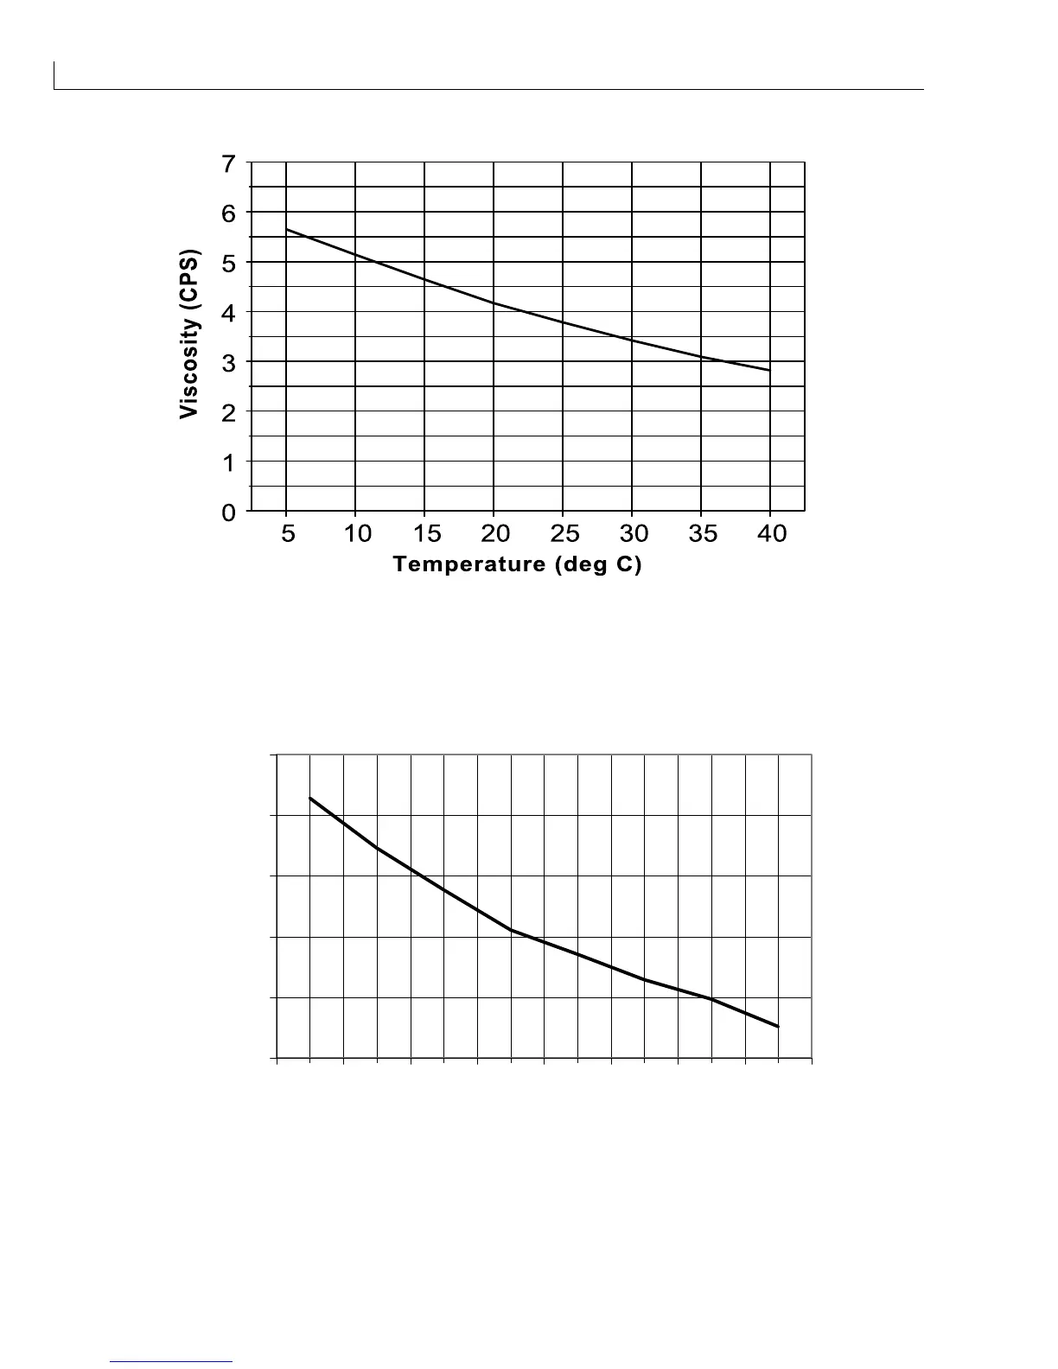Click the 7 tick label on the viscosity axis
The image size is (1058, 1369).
coord(228,163)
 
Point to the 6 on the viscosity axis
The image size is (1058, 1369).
coord(228,213)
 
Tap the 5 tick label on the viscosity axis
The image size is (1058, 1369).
coord(228,264)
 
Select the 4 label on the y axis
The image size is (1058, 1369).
coord(228,313)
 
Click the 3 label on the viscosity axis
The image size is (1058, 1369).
coord(228,363)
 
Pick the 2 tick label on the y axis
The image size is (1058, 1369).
coord(228,413)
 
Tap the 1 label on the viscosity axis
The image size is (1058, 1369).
coord(228,462)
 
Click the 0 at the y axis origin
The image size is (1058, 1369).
coord(228,513)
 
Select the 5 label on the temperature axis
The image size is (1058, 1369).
coord(288,534)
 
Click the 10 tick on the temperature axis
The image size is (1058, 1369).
coord(357,534)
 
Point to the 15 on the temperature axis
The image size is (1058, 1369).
coord(426,534)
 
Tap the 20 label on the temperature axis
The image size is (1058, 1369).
coord(495,534)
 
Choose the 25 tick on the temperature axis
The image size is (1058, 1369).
coord(564,534)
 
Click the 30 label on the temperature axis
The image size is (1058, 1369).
coord(634,534)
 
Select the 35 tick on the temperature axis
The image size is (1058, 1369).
coord(703,534)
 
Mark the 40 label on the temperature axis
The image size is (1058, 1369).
coord(772,534)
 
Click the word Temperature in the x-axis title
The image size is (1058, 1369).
coord(468,564)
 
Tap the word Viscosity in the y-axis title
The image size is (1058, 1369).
coord(189,369)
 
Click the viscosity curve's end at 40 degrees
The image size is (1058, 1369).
coord(768,370)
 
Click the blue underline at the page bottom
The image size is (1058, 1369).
coord(172,1362)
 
